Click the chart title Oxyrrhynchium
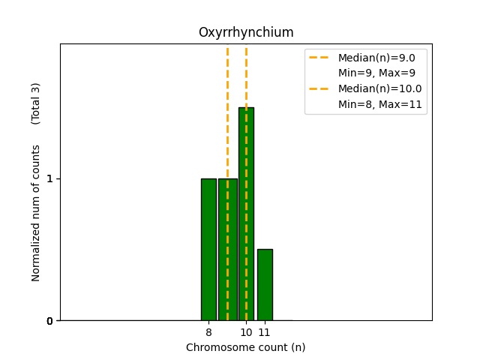246,33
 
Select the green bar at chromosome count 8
208,249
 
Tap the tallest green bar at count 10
246,214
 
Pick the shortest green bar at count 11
265,285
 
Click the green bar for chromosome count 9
224,249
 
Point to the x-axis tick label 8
208,332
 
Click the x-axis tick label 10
246,332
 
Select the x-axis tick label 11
265,332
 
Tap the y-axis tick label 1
49,179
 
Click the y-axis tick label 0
49,321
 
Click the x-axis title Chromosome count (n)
246,347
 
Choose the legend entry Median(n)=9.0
382,57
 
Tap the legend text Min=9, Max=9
376,73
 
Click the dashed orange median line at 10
246,75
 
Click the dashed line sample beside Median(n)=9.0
319,57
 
